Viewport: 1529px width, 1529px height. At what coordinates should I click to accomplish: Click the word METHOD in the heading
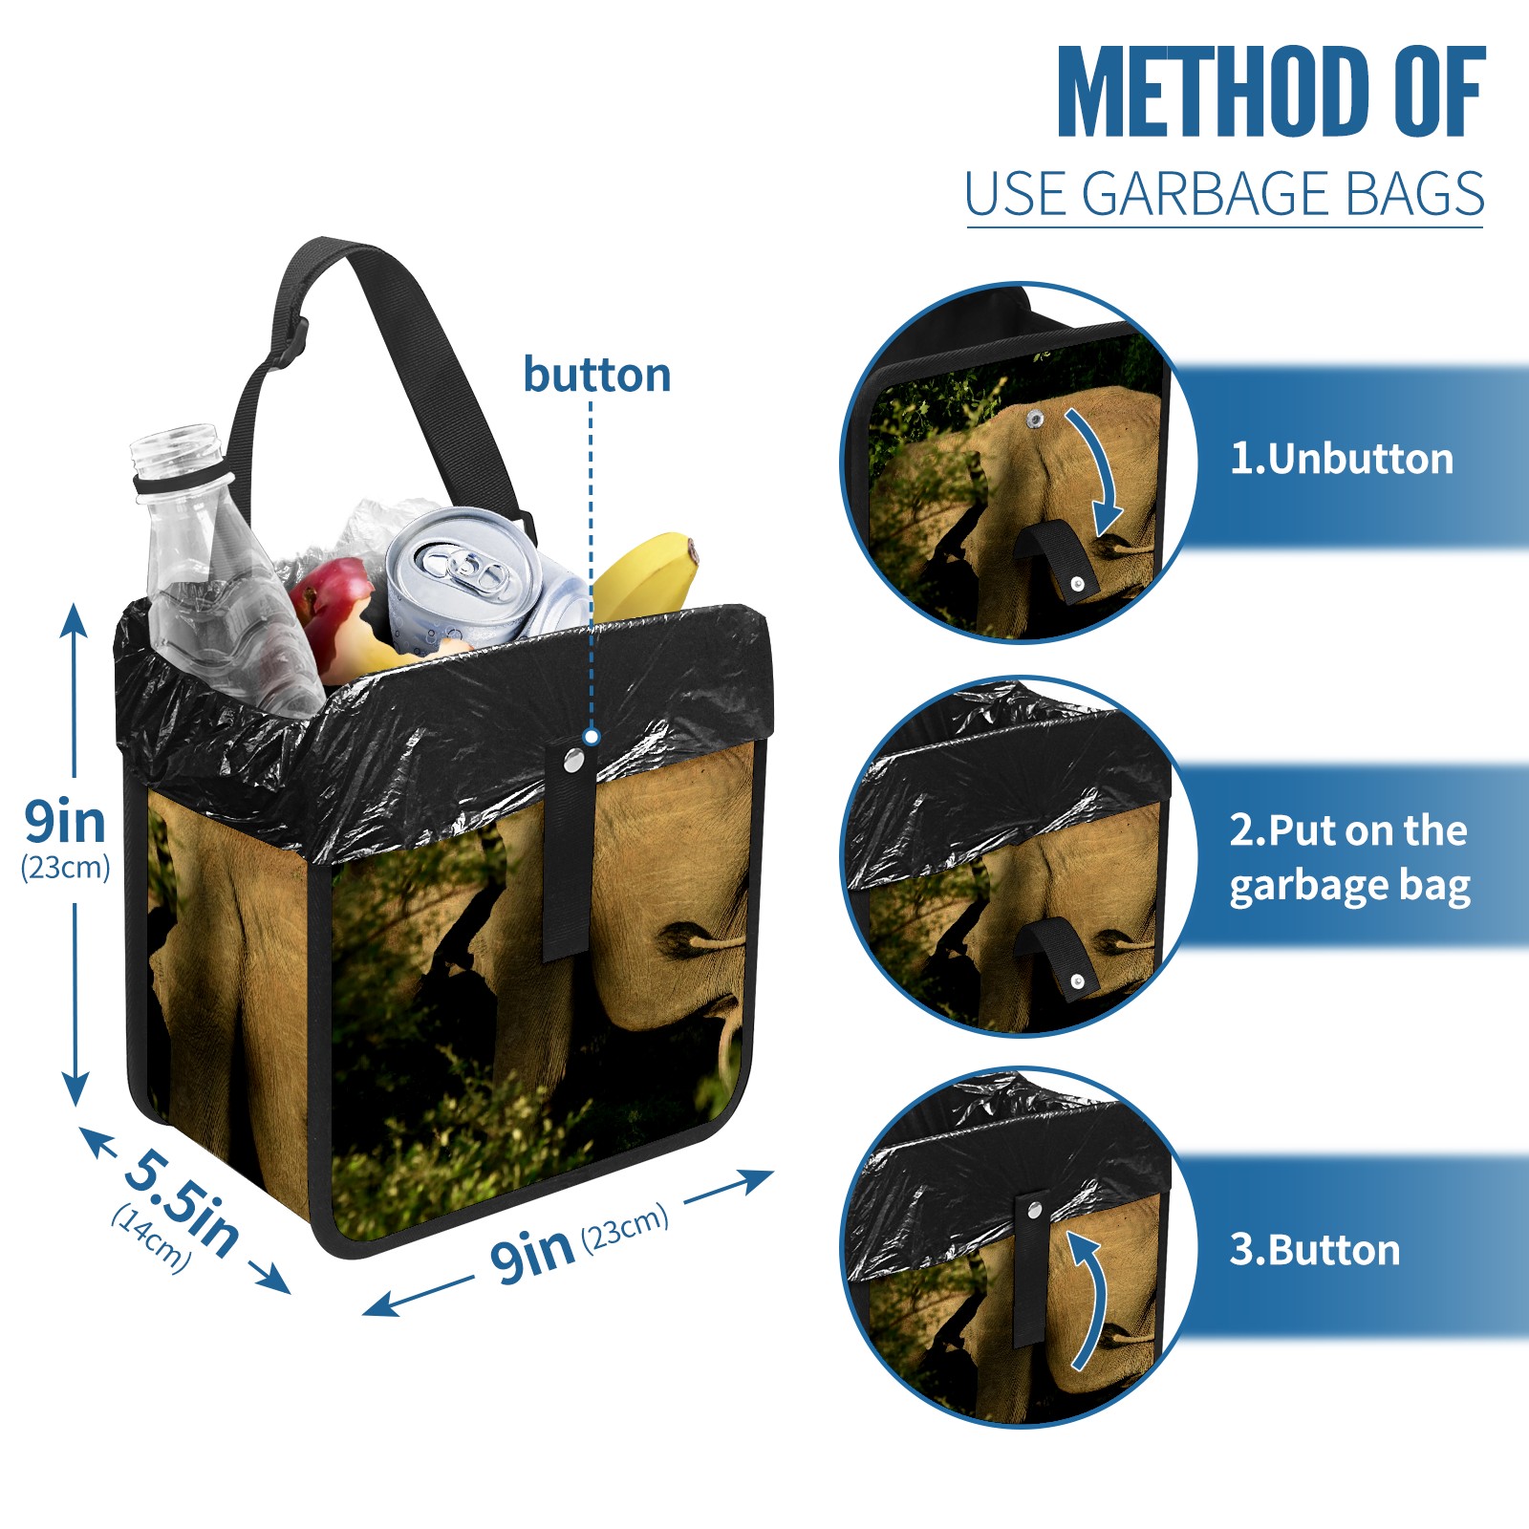pyautogui.click(x=1214, y=92)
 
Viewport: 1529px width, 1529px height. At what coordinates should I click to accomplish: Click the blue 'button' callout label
pyautogui.click(x=597, y=375)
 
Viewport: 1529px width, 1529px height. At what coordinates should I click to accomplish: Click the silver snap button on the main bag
pyautogui.click(x=573, y=761)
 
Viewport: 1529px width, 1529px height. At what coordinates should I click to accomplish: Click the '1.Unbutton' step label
pyautogui.click(x=1342, y=459)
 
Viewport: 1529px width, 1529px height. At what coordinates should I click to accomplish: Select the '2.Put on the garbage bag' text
pyautogui.click(x=1349, y=858)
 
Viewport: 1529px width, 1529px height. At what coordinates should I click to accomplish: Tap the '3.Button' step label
pyautogui.click(x=1315, y=1250)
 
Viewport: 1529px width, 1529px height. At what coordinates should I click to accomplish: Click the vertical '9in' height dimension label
pyautogui.click(x=65, y=822)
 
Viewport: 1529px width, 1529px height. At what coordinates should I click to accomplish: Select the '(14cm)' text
pyautogui.click(x=151, y=1238)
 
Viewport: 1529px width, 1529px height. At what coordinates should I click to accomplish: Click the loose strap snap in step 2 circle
pyautogui.click(x=1077, y=981)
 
